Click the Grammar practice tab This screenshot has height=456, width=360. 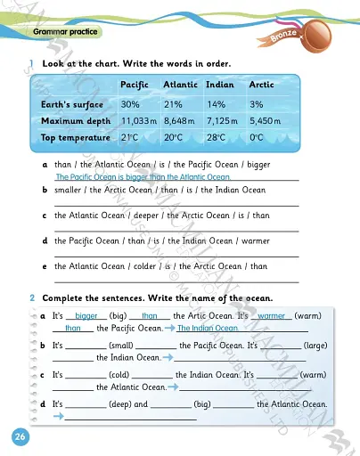coord(62,32)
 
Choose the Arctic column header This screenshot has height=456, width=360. coord(262,85)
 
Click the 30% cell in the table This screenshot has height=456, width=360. coord(130,103)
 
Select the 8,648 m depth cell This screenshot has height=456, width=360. coord(181,121)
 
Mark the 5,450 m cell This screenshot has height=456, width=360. coord(265,121)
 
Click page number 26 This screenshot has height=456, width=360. coord(19,436)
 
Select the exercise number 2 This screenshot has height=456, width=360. coord(31,297)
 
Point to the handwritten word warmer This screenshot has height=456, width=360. coord(274,316)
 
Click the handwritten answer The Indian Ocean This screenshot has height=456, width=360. coord(214,329)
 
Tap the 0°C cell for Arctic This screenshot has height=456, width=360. coord(258,139)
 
